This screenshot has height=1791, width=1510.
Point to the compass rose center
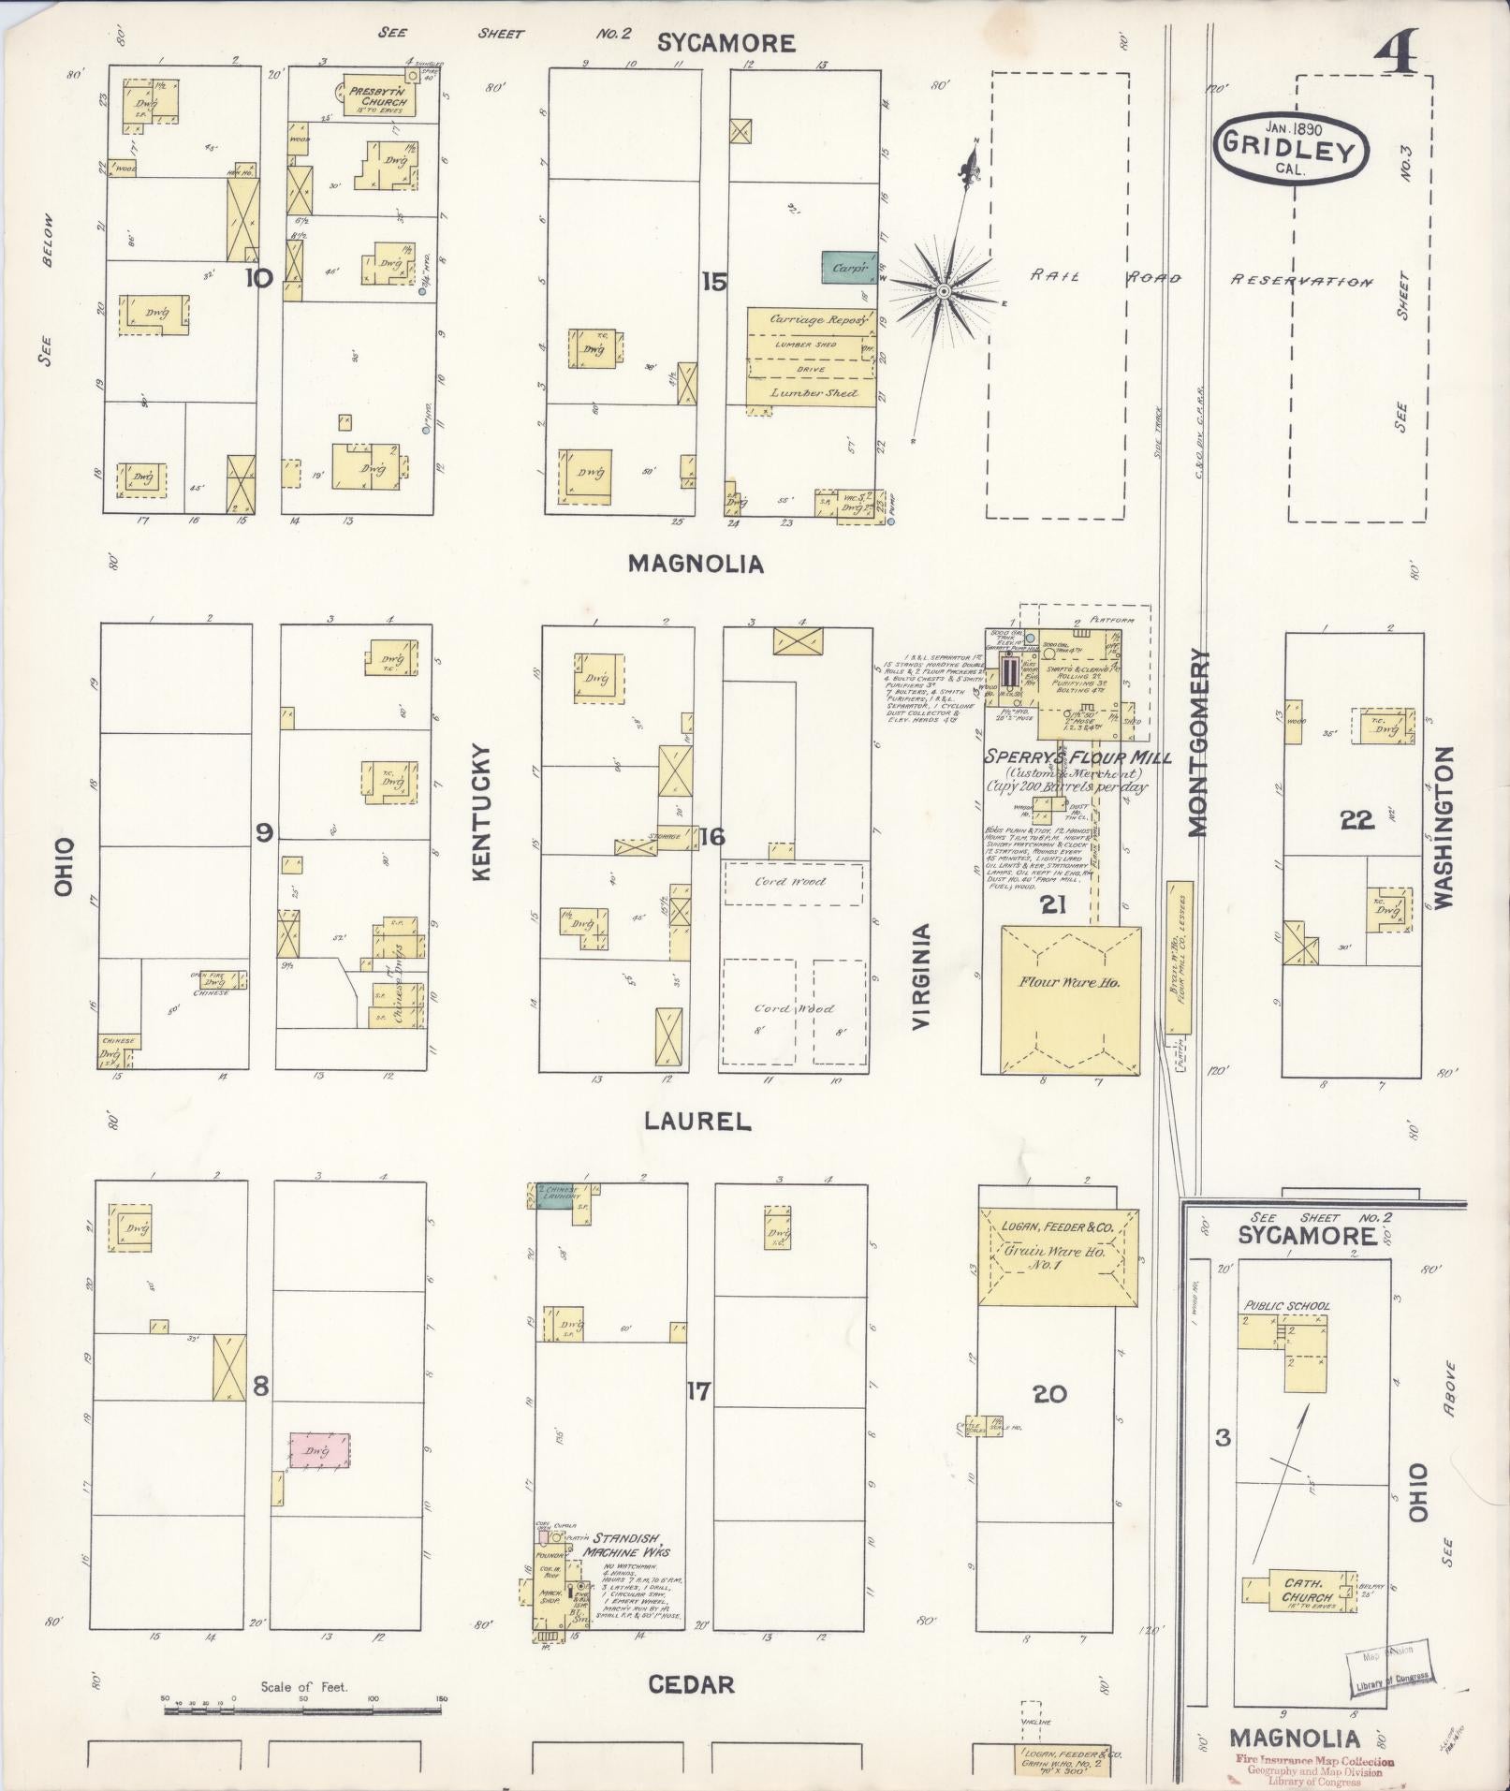[x=944, y=293]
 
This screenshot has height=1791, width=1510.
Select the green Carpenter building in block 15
[x=849, y=267]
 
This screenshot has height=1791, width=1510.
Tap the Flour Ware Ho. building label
[x=1069, y=982]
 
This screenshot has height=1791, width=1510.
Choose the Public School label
[x=1286, y=1306]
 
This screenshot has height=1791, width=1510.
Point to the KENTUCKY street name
[x=482, y=812]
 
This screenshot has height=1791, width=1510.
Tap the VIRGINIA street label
[x=922, y=976]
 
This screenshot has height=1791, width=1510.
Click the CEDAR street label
[x=691, y=1685]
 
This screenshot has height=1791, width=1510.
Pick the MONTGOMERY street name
[x=1199, y=741]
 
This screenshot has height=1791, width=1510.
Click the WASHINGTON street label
[x=1443, y=827]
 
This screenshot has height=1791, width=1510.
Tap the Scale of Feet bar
[x=305, y=1710]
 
